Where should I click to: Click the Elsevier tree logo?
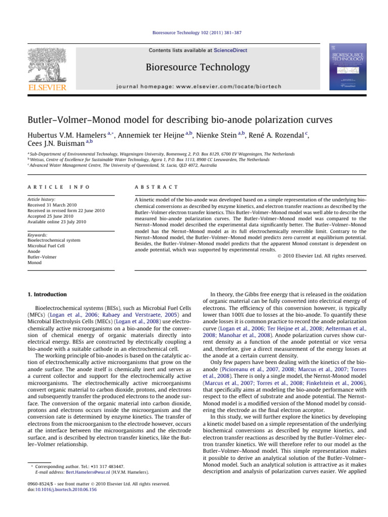point(46,63)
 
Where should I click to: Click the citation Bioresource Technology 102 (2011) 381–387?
point(194,33)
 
